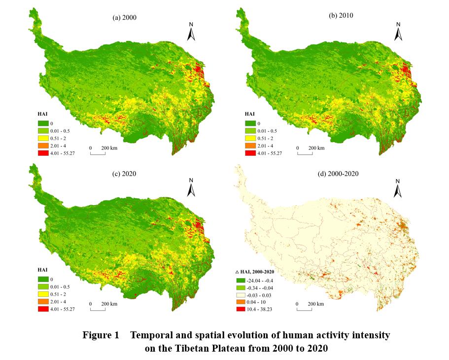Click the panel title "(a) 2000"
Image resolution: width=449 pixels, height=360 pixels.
124,17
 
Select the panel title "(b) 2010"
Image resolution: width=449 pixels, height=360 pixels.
341,15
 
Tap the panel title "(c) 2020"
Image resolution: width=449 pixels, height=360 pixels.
124,174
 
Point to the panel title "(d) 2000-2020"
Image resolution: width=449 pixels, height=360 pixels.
340,174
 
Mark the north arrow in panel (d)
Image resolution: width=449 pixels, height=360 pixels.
398,188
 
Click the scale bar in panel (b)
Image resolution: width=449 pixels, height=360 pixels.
305,154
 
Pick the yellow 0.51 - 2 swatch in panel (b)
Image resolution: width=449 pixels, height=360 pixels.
249,138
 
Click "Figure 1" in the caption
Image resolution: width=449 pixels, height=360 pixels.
101,335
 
